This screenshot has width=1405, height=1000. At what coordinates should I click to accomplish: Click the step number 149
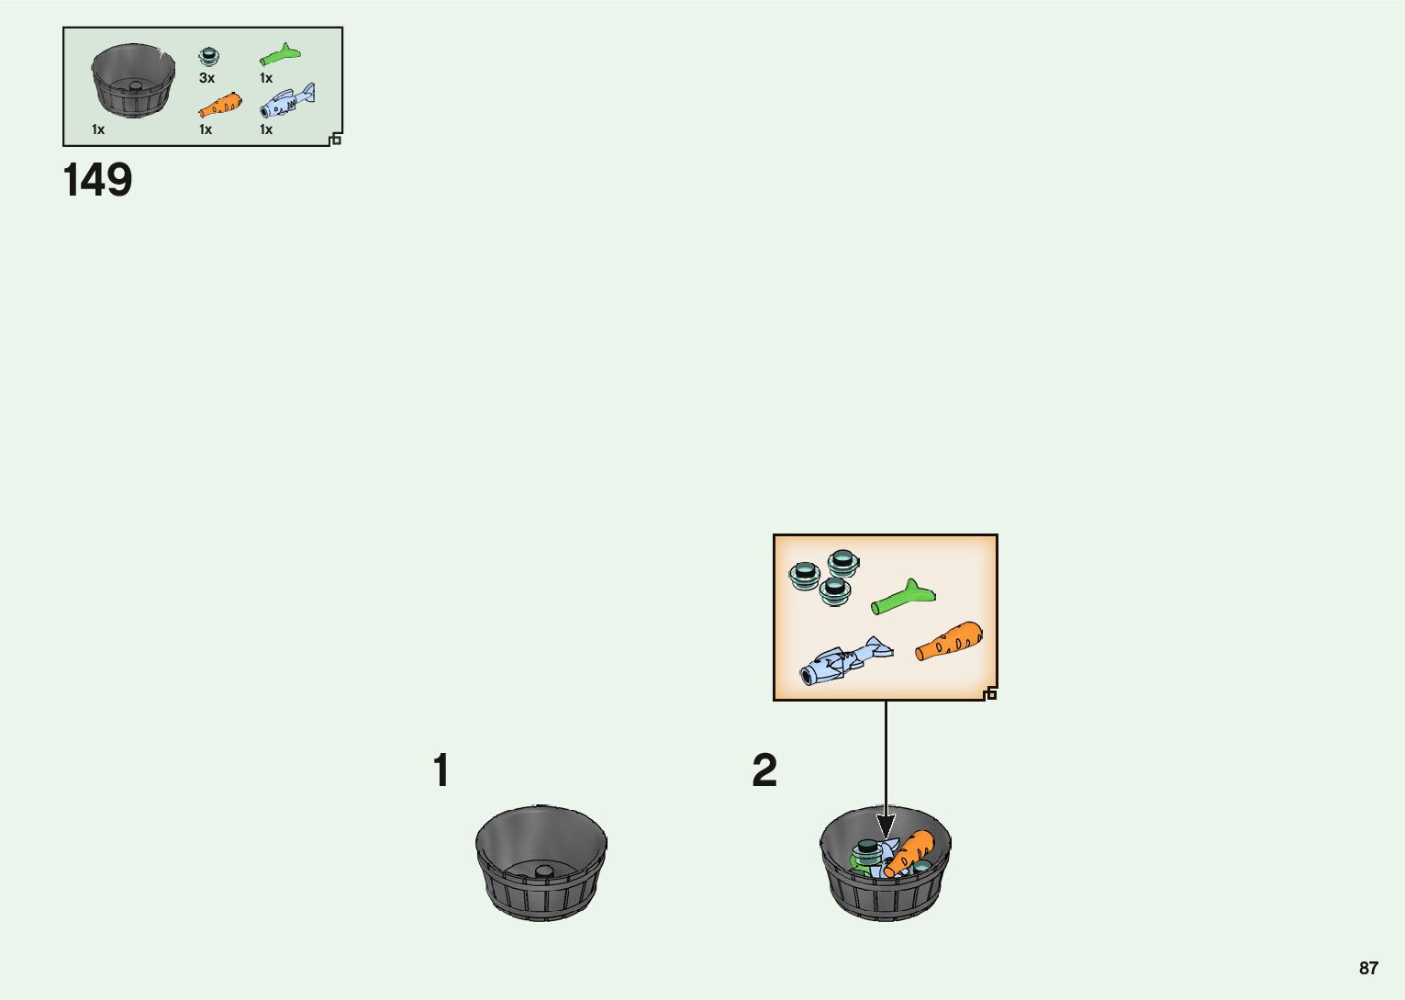(97, 181)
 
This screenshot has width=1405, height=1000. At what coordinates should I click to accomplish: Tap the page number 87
(1368, 969)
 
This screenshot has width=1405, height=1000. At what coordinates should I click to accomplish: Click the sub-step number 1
(441, 771)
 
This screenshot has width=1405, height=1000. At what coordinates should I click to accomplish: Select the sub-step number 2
(764, 771)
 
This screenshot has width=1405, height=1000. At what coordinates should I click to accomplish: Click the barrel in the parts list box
(133, 80)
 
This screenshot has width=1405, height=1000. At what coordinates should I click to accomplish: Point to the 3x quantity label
(206, 79)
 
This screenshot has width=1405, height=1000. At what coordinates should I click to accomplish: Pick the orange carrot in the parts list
(220, 105)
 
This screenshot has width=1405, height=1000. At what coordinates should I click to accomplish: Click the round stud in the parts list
(209, 55)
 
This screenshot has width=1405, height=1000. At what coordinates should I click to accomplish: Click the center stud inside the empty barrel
(543, 871)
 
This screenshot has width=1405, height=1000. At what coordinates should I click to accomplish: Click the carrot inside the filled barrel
(909, 853)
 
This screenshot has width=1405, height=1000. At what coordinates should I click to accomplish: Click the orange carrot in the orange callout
(950, 641)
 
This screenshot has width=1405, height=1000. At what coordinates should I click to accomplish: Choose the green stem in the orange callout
(903, 598)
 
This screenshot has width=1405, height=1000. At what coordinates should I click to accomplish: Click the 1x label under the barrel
(98, 130)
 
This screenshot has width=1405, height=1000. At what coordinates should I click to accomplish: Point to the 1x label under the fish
(266, 130)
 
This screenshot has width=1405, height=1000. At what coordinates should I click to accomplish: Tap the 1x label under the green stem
(266, 79)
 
